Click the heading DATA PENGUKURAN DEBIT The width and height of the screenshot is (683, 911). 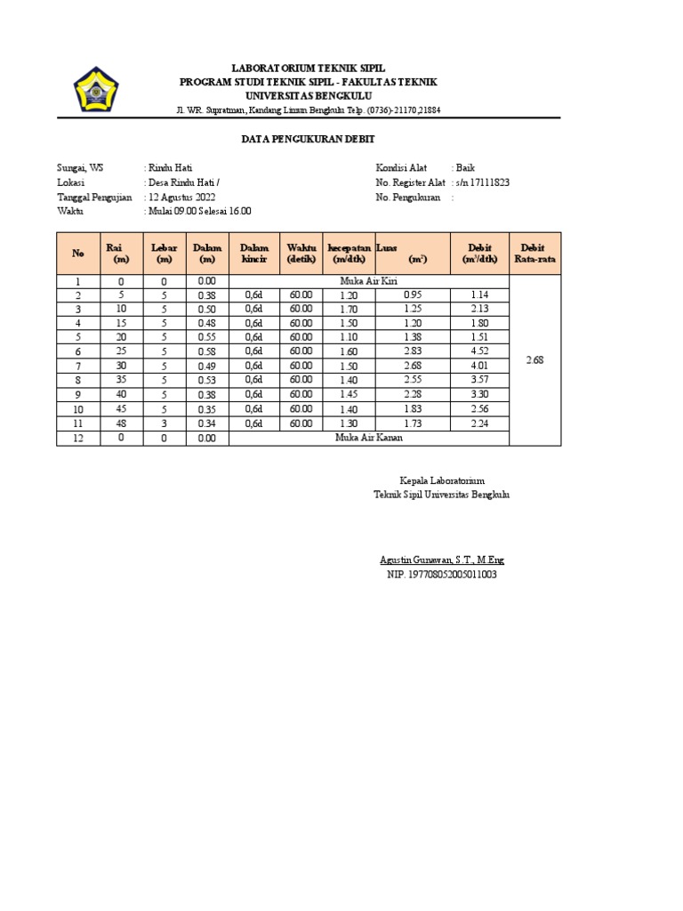(x=309, y=140)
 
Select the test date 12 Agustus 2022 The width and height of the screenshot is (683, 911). (x=181, y=197)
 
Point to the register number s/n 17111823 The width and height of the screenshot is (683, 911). (x=481, y=182)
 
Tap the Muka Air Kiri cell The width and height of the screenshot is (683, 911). (x=369, y=281)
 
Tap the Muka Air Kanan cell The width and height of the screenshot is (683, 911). (x=369, y=438)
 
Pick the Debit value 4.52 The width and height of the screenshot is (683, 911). (x=480, y=351)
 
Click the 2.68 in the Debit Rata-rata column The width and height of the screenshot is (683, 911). (x=534, y=360)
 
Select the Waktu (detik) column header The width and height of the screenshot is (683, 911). (x=301, y=253)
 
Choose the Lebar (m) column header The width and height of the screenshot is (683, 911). (x=165, y=253)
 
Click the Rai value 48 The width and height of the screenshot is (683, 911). (x=120, y=423)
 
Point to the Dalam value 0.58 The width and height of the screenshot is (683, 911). (x=206, y=351)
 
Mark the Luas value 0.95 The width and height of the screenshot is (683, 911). (x=413, y=294)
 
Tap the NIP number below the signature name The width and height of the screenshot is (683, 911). (x=441, y=575)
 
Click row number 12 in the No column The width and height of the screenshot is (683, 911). (x=78, y=438)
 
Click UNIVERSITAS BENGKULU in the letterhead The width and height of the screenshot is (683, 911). (x=309, y=95)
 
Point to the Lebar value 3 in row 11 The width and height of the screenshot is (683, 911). (x=165, y=423)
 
